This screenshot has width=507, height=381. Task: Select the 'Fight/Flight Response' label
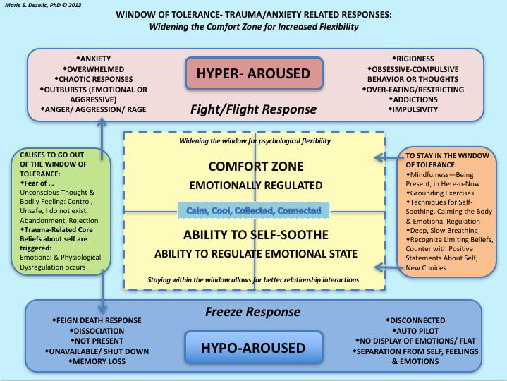coord(254,109)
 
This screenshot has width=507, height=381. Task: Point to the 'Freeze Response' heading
coord(253,311)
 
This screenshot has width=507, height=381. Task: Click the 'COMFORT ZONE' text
coord(255,167)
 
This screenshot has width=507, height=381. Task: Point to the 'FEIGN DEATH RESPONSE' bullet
coord(98,321)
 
